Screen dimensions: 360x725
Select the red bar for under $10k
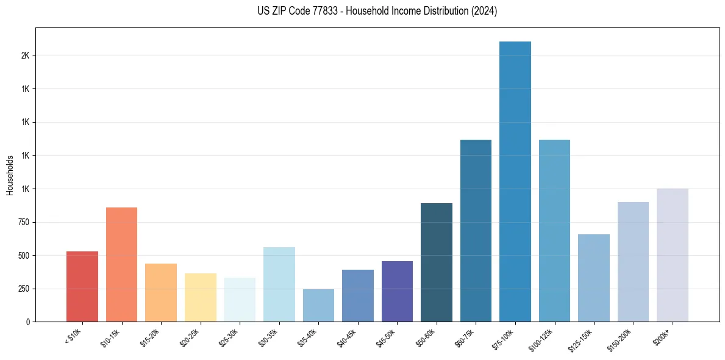pyautogui.click(x=82, y=286)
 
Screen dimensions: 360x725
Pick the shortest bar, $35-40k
pyautogui.click(x=318, y=305)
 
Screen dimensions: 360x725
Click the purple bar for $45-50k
pyautogui.click(x=397, y=291)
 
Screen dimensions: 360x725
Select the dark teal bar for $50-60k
pyautogui.click(x=437, y=262)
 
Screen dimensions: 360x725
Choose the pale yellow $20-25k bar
pyautogui.click(x=201, y=297)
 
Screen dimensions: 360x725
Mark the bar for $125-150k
pyautogui.click(x=594, y=278)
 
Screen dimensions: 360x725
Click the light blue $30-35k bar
pyautogui.click(x=279, y=284)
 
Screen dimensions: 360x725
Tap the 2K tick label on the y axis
pyautogui.click(x=25, y=56)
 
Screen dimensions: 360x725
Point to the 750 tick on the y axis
pyautogui.click(x=24, y=222)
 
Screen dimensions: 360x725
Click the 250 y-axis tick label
pyautogui.click(x=24, y=289)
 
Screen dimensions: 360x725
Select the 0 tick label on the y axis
pyautogui.click(x=27, y=322)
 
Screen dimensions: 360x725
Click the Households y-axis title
pyautogui.click(x=10, y=175)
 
